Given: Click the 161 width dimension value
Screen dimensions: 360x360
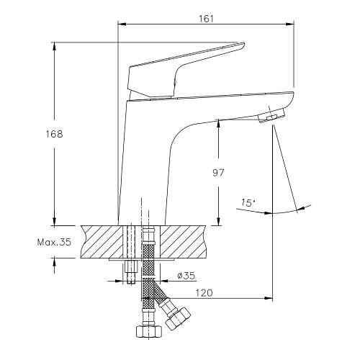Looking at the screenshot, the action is click(x=206, y=19).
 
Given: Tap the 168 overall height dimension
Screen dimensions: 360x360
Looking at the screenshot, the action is click(x=54, y=134).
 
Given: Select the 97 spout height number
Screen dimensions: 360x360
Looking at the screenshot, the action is click(x=218, y=173).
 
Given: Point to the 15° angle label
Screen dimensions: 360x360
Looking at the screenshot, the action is click(x=248, y=203).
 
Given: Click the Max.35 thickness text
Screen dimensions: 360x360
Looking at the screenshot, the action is click(x=54, y=242).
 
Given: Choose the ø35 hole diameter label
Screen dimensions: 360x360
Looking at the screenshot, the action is click(x=186, y=276).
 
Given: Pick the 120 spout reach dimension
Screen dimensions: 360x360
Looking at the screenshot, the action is click(x=204, y=293).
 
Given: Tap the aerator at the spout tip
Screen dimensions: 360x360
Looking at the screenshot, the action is click(x=271, y=116).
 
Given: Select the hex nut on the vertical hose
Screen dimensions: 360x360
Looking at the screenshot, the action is click(x=149, y=332).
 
